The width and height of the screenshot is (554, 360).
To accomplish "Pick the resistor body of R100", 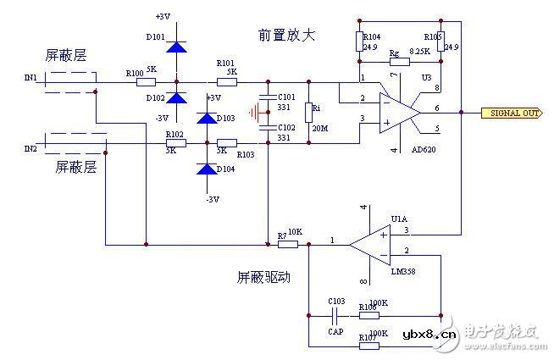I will tap(147, 82).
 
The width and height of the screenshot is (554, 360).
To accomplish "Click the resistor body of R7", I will tap(288, 245).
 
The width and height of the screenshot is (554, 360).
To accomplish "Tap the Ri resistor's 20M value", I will tap(319, 127).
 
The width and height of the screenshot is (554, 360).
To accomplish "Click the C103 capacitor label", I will tap(336, 301).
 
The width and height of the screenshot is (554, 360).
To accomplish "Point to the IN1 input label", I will tap(30, 78).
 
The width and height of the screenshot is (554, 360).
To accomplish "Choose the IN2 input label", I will tap(30, 148).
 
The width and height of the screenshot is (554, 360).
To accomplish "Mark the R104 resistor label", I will tap(372, 37).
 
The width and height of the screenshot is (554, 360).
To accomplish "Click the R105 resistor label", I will tap(433, 37).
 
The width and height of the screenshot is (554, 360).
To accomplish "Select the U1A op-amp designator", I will tap(399, 219).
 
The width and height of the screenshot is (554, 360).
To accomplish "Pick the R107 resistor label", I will tap(368, 339).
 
